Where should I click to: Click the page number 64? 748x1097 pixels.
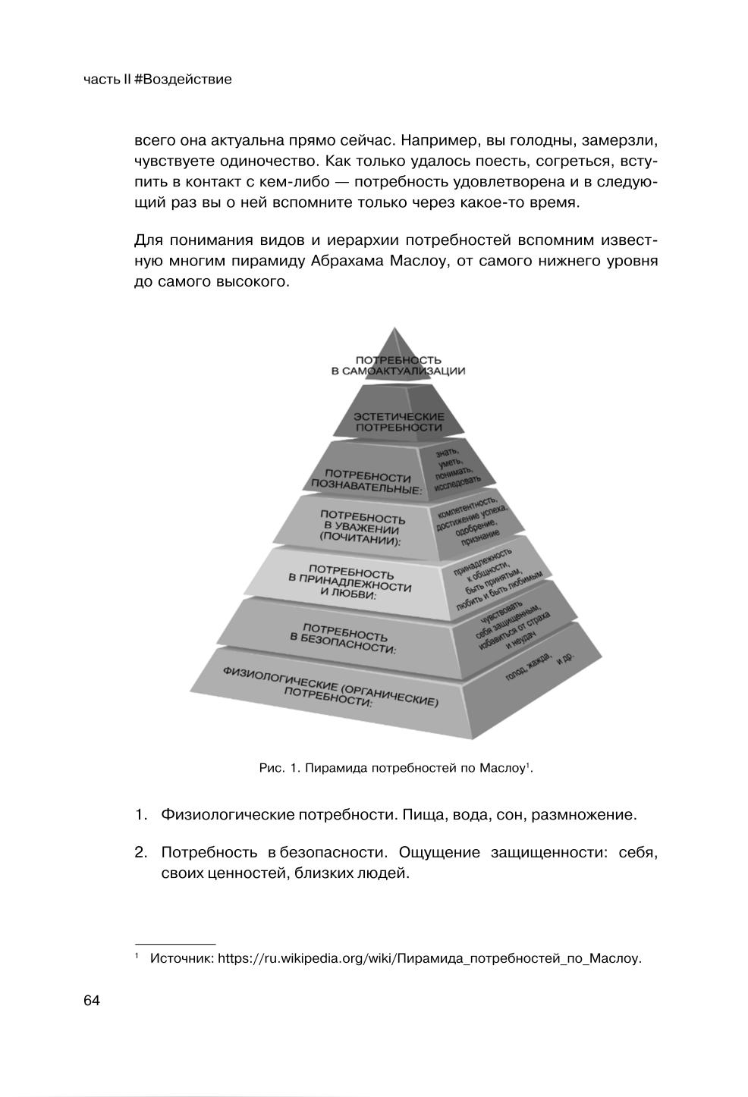[92, 1001]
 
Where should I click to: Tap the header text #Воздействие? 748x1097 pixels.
[183, 80]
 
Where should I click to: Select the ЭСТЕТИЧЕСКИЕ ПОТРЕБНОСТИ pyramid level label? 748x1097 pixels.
[399, 422]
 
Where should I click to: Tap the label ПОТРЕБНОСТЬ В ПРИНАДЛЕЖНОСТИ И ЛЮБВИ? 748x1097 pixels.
[350, 581]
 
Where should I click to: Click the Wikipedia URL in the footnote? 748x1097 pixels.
[429, 958]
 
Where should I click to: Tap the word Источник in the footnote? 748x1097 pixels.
[181, 958]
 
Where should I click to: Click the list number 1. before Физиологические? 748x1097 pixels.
[140, 815]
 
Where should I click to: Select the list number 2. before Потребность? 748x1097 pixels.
[140, 853]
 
